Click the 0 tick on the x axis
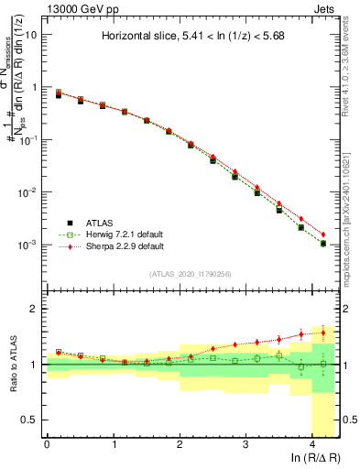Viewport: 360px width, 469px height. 47,444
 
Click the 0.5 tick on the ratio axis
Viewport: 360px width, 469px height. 28,420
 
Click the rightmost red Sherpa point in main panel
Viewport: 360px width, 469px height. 323,234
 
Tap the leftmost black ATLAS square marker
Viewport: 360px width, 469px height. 59,94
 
